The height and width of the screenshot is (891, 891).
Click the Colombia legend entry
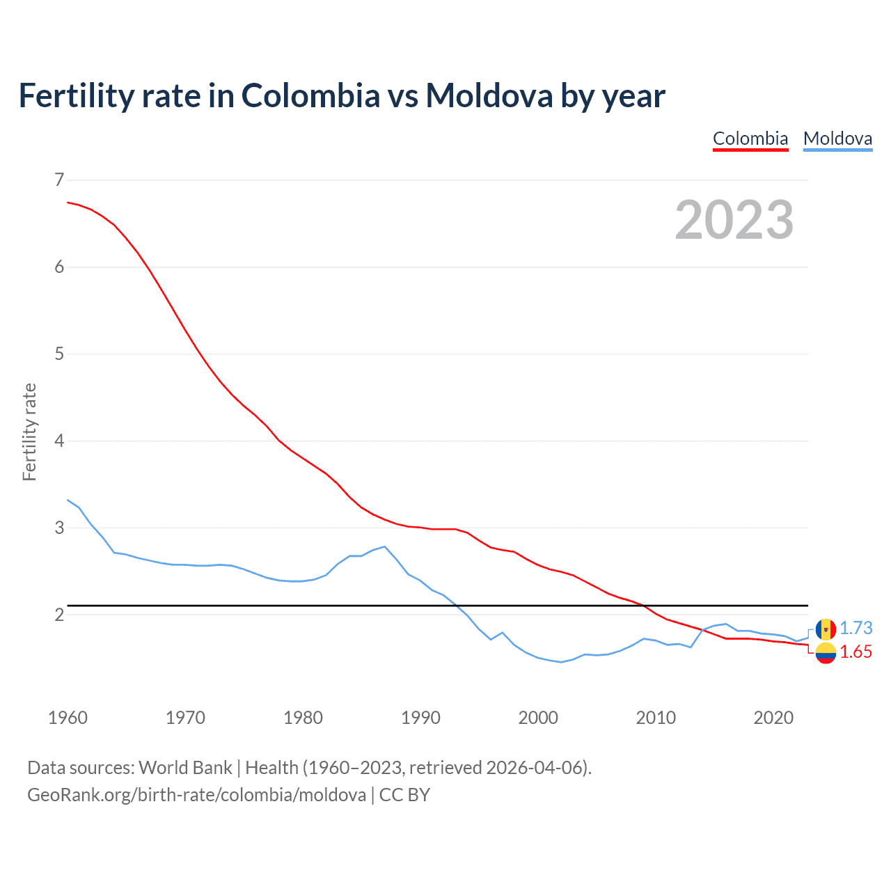(750, 139)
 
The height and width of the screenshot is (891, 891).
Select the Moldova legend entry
(837, 139)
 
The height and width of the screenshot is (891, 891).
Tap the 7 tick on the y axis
(59, 180)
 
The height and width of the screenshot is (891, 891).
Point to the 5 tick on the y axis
(59, 354)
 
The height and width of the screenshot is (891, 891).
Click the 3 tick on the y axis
(59, 528)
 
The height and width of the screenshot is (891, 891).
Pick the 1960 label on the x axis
(68, 718)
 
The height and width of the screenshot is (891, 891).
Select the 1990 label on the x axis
(420, 718)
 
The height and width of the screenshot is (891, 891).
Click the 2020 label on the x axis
(773, 718)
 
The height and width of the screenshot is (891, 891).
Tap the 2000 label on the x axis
(538, 718)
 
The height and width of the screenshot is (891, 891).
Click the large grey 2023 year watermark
(734, 220)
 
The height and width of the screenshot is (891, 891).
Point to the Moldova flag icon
(826, 629)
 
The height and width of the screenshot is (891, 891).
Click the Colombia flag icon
(826, 653)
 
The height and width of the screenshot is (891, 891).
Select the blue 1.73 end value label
(855, 629)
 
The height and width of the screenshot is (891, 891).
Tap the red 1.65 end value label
(855, 652)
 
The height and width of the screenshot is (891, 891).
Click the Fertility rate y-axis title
(29, 432)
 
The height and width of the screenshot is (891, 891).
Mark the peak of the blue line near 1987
(385, 546)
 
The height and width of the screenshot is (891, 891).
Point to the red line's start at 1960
(68, 203)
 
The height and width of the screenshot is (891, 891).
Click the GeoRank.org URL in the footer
(196, 795)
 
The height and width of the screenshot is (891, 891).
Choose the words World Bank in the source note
(185, 768)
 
